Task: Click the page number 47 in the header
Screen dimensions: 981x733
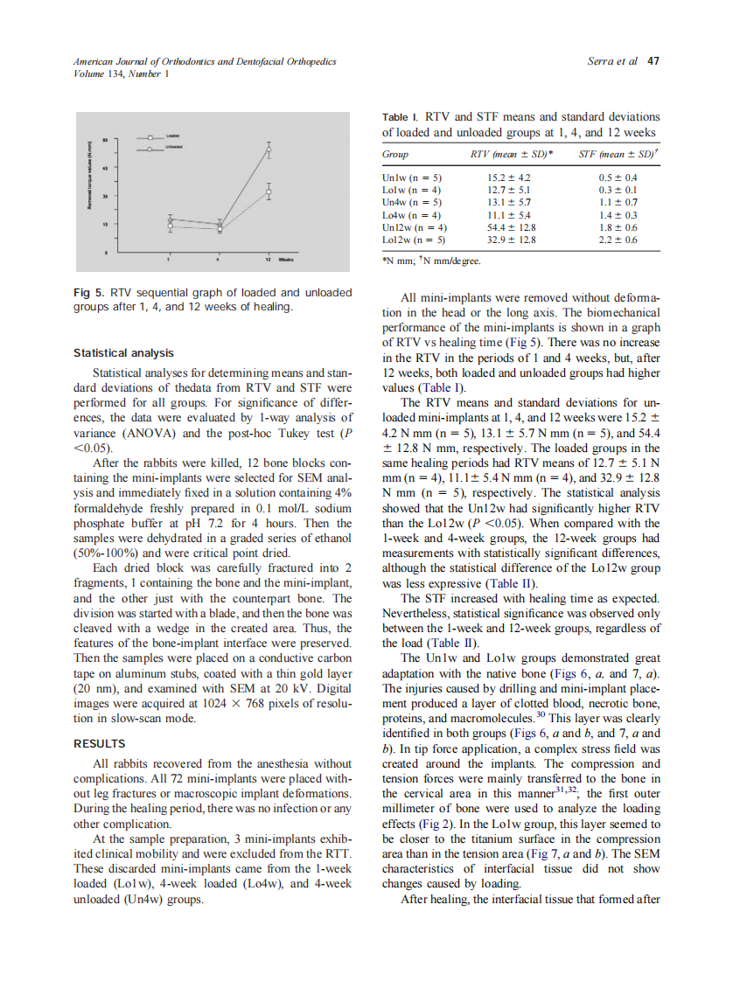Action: coord(652,61)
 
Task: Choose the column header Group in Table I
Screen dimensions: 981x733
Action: coord(395,154)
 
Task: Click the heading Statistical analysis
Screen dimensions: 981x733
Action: coord(123,353)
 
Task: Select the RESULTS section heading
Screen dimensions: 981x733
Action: coord(99,744)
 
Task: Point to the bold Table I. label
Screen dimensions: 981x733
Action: coord(401,116)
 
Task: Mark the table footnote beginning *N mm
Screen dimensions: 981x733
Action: coord(431,260)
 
